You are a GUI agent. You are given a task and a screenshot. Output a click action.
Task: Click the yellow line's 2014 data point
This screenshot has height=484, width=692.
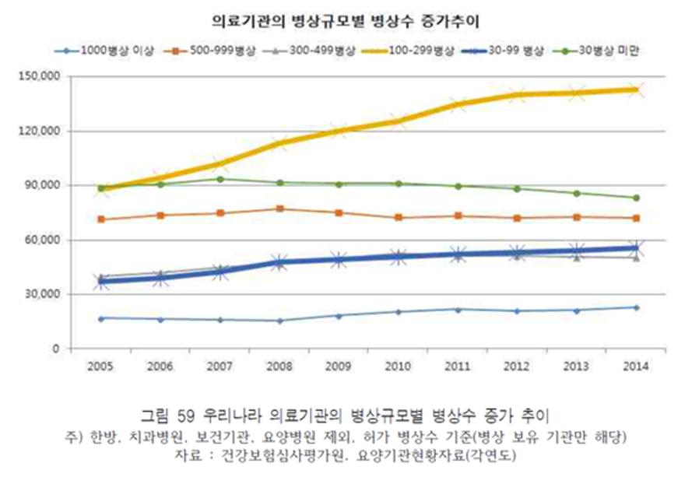click(636, 89)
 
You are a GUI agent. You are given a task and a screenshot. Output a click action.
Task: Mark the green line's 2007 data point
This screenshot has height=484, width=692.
click(221, 179)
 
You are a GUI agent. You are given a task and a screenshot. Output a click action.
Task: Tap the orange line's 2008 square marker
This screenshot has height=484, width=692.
click(280, 209)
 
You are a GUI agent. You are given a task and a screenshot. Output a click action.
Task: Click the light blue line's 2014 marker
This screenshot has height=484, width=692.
click(636, 307)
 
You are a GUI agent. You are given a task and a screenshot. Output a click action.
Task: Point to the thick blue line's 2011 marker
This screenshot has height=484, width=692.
click(458, 254)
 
